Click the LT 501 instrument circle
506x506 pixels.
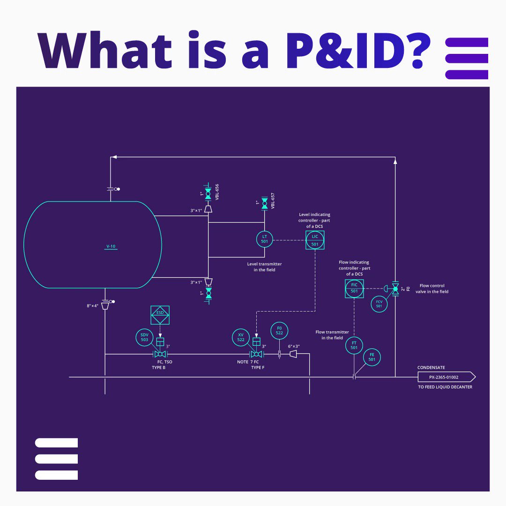point(264,239)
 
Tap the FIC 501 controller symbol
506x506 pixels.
point(354,288)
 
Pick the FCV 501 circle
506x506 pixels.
point(379,304)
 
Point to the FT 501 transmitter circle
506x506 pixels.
point(354,345)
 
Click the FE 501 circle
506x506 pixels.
point(372,357)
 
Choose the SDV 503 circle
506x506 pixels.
point(144,337)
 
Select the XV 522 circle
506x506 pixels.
point(241,337)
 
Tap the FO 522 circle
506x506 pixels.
point(279,331)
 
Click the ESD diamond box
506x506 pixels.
point(160,315)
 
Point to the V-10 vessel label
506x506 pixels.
point(111,246)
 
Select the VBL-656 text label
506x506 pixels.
point(217,193)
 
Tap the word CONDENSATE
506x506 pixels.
point(431,368)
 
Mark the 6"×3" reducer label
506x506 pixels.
point(294,347)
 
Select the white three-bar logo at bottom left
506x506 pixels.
point(56,459)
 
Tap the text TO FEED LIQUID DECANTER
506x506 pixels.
point(445,387)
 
